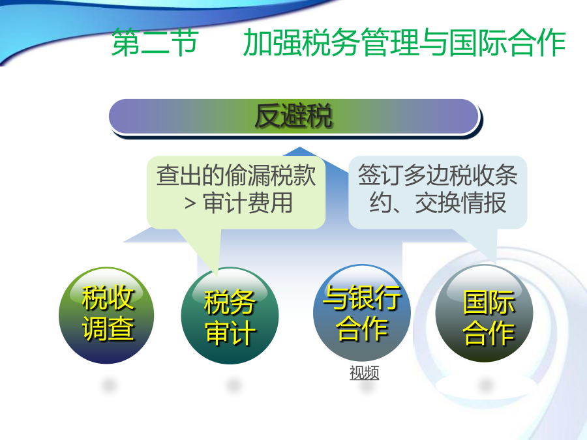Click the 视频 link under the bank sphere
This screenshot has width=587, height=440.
[364, 373]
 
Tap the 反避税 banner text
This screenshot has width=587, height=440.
[293, 116]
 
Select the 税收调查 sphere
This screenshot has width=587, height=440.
[107, 315]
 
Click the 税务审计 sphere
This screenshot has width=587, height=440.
[230, 315]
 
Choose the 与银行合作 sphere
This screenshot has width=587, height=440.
[362, 313]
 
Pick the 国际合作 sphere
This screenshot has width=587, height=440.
[484, 314]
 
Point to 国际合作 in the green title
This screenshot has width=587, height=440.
[507, 42]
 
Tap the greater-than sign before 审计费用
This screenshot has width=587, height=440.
[190, 203]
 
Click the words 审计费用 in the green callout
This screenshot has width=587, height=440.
[248, 203]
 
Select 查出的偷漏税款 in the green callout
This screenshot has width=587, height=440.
[236, 175]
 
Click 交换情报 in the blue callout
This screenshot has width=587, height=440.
[461, 203]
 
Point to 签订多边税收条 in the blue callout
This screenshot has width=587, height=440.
[438, 175]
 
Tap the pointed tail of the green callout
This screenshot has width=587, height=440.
[217, 276]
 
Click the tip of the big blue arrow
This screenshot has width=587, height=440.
[299, 147]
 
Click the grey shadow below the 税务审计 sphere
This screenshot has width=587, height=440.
[232, 385]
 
